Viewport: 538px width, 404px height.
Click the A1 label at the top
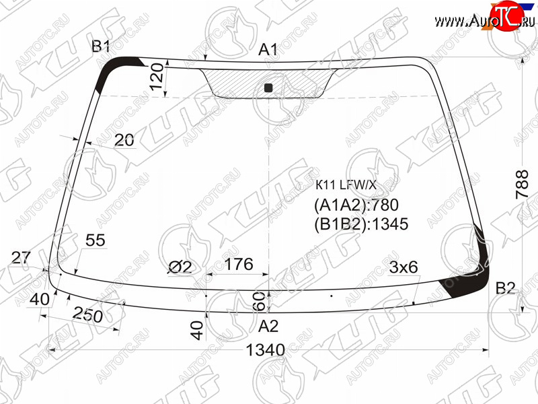pos(268,50)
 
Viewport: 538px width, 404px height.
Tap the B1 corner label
pos(100,46)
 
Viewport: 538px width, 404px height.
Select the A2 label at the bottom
pos(268,326)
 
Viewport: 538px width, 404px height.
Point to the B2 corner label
pos(506,288)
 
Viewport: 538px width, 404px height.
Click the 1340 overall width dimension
pos(266,350)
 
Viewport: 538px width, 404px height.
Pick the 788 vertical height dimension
pos(522,184)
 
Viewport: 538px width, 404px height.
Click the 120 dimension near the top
pos(157,76)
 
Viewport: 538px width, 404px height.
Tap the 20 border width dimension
pos(124,140)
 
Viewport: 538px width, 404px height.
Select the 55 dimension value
pos(95,240)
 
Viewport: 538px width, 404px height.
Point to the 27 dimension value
pos(21,257)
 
